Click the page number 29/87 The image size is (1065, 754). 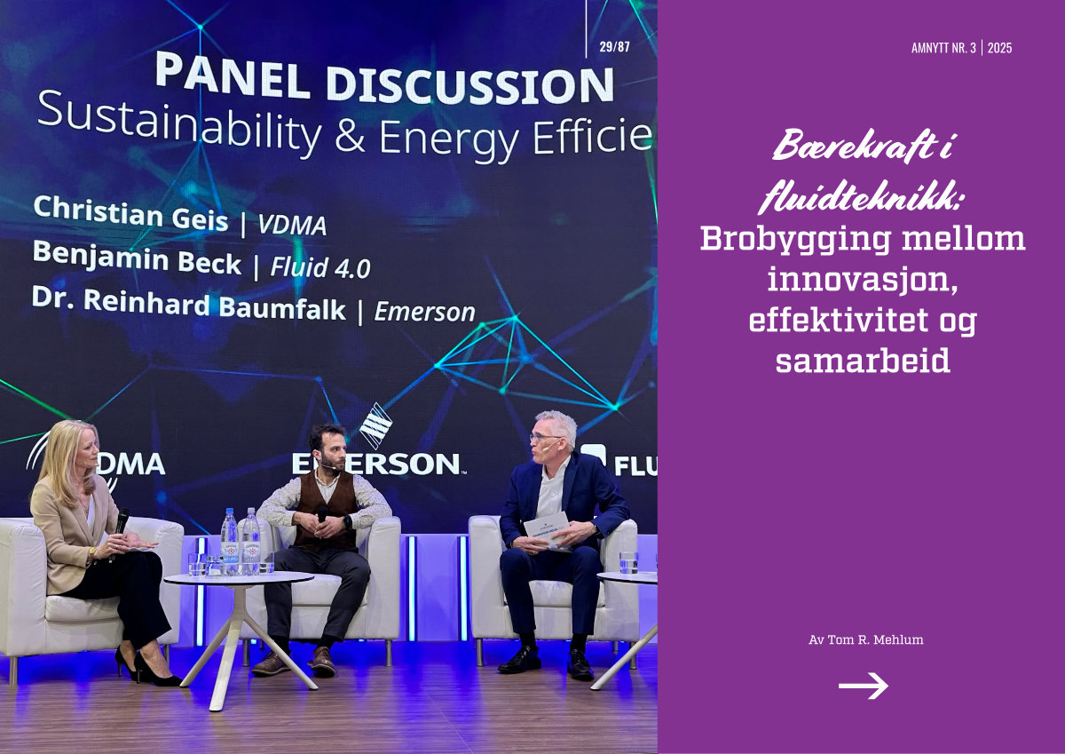[614, 46]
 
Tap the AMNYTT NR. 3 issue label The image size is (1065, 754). [943, 48]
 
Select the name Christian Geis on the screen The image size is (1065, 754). [130, 212]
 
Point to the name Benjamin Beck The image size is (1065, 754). [137, 258]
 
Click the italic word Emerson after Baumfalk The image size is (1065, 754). [424, 312]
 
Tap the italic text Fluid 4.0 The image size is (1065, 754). [320, 267]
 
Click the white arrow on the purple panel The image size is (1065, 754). [863, 686]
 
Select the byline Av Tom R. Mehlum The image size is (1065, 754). [866, 639]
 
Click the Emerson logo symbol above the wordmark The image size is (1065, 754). [375, 425]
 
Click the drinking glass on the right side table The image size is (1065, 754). [628, 563]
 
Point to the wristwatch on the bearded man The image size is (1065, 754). [348, 522]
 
